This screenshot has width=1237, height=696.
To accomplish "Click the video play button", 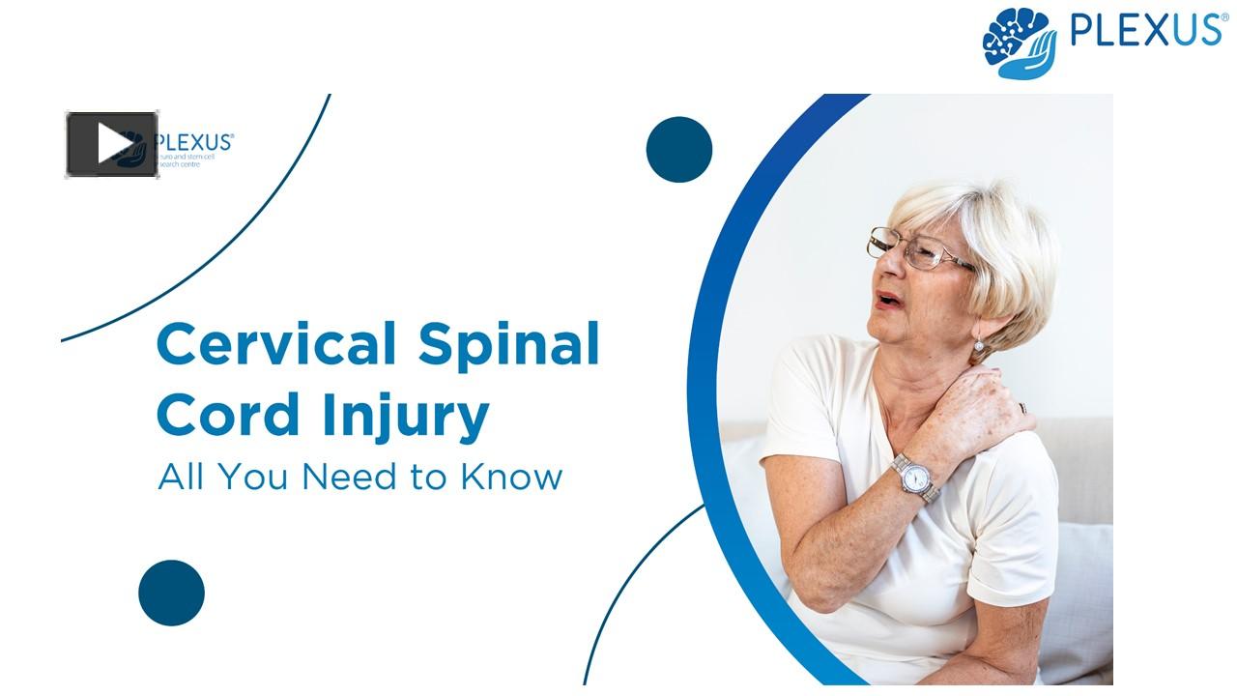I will pyautogui.click(x=112, y=144).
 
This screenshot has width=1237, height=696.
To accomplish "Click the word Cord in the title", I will pyautogui.click(x=215, y=416).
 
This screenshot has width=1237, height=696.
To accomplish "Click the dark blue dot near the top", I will pyautogui.click(x=679, y=150).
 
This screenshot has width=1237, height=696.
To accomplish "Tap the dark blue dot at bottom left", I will pyautogui.click(x=171, y=593).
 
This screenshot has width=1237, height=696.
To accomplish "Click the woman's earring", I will pyautogui.click(x=978, y=345).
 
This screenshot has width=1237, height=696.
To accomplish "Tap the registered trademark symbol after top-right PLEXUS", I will pyautogui.click(x=1223, y=16).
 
